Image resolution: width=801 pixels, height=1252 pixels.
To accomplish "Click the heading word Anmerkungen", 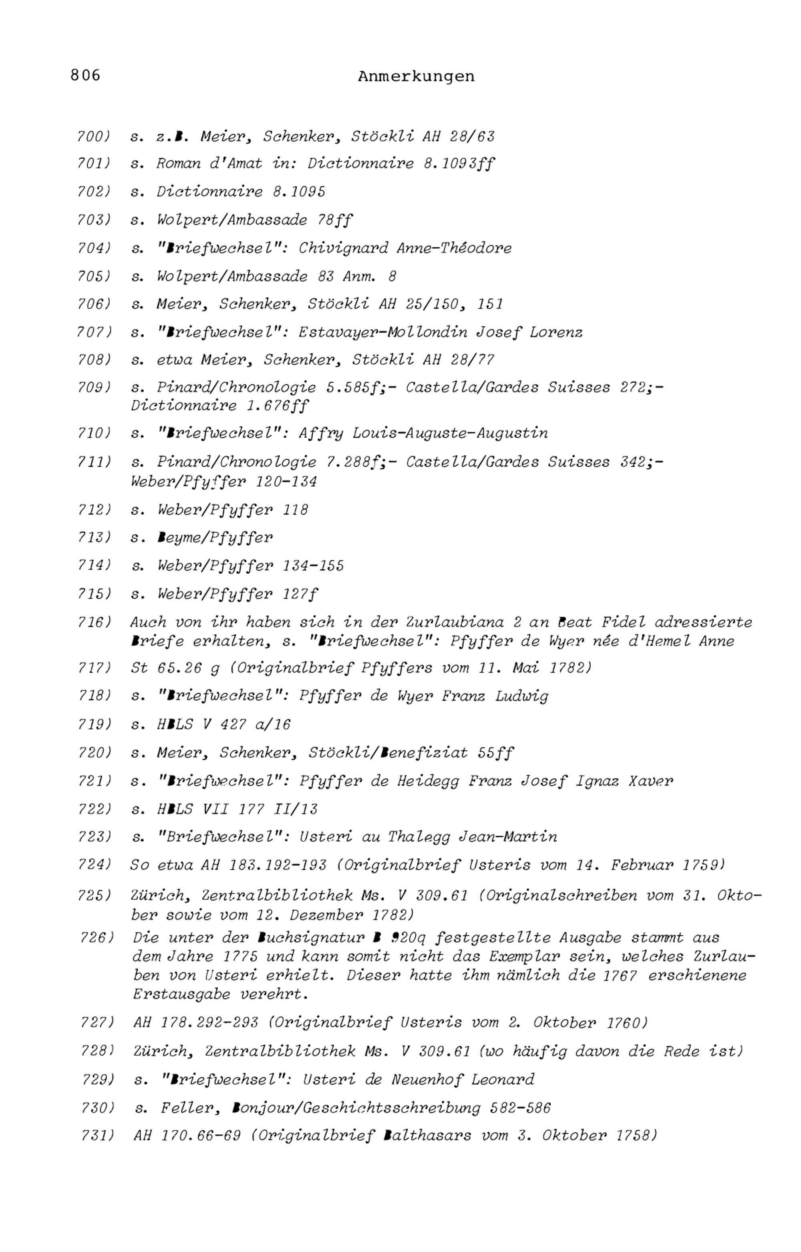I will [416, 76].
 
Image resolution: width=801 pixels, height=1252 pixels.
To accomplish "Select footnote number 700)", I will [94, 137].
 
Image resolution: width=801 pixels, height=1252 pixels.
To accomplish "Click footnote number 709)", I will [94, 388].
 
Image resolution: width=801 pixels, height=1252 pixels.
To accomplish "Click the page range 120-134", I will [286, 482].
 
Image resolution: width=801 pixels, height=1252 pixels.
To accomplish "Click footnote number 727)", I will [97, 1023].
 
